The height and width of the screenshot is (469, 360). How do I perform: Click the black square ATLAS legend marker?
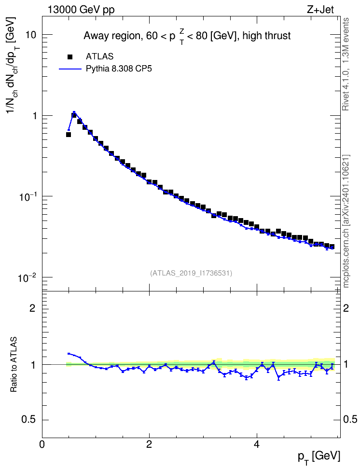(x=70, y=56)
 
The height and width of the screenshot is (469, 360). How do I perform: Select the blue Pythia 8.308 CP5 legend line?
(x=70, y=69)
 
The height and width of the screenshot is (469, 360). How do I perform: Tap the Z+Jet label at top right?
(x=320, y=10)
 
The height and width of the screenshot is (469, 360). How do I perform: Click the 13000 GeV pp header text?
(x=81, y=10)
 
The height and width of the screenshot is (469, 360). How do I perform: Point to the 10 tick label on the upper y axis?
(x=30, y=35)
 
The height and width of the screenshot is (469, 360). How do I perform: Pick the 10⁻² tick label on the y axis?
(x=28, y=277)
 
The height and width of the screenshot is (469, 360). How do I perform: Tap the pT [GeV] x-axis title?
(x=319, y=457)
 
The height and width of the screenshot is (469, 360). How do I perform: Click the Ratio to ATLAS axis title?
(x=14, y=364)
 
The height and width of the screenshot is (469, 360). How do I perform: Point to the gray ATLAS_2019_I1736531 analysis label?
(x=191, y=273)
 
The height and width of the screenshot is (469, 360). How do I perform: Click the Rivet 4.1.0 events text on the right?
(x=346, y=64)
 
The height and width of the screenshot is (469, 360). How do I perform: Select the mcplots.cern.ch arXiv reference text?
(x=346, y=221)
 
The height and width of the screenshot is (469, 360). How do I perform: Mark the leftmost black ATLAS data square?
(x=69, y=135)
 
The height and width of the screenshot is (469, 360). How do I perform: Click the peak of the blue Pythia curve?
(x=74, y=112)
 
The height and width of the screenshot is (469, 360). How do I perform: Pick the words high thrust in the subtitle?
(x=267, y=36)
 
